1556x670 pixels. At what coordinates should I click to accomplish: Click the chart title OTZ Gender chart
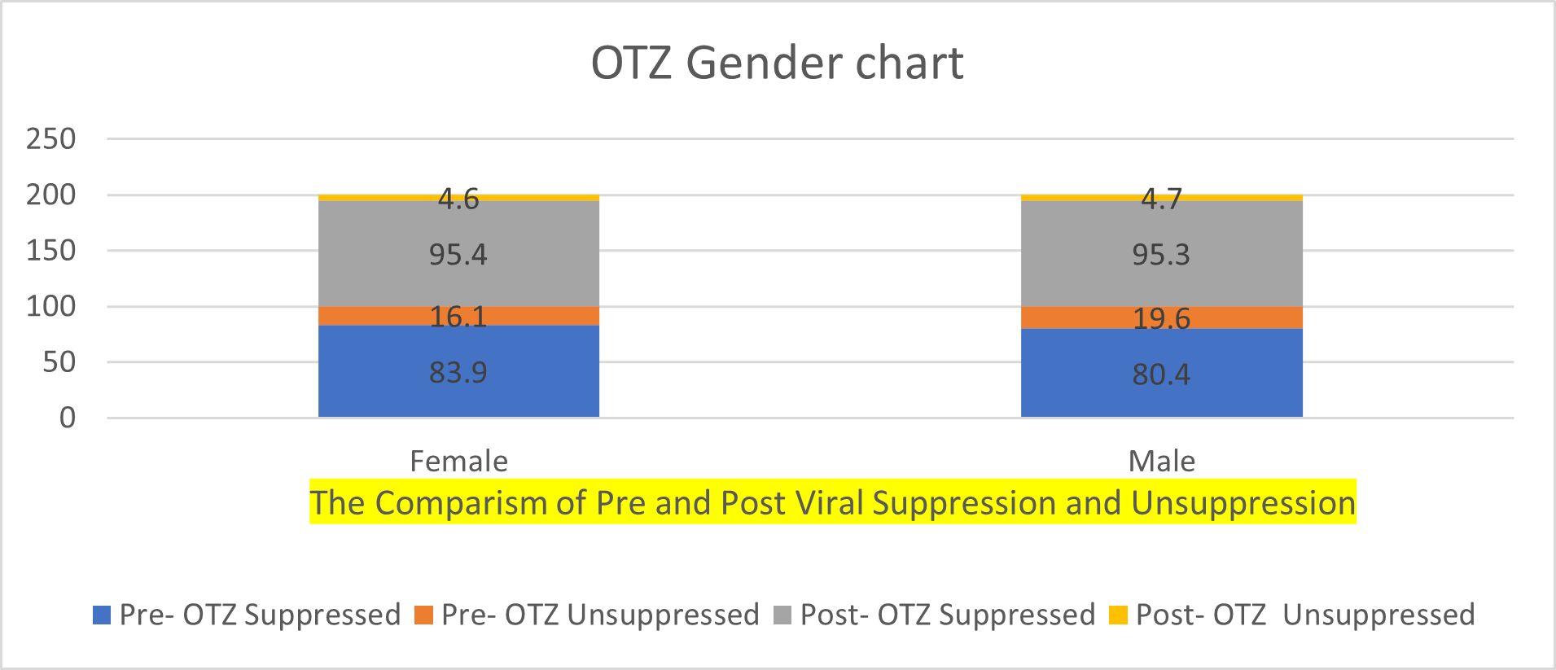pos(777,63)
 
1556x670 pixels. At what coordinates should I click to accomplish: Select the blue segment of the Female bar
pos(458,371)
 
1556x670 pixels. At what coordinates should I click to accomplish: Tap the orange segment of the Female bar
pos(458,316)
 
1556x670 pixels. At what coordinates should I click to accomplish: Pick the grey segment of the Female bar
pos(458,253)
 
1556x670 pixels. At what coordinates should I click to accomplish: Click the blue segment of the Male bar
pos(1162,373)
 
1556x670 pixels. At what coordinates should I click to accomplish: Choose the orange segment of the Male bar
pos(1162,317)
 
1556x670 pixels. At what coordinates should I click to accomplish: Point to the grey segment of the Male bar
pos(1162,253)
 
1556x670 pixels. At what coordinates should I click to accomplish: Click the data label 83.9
pos(458,372)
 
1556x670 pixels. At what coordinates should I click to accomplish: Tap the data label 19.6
pos(1162,318)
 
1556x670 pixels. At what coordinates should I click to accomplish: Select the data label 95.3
pos(1162,255)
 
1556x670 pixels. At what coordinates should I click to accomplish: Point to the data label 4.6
pos(458,199)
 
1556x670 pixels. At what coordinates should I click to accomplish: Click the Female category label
pos(458,462)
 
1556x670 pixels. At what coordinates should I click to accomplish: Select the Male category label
pos(1162,462)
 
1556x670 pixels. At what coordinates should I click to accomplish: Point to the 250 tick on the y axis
pos(50,139)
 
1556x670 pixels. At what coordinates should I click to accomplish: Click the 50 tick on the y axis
pos(59,362)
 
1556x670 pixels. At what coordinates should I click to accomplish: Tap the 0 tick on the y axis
pos(68,418)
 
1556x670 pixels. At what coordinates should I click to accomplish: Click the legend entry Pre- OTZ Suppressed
pos(247,615)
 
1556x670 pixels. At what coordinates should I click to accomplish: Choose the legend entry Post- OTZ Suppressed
pos(935,615)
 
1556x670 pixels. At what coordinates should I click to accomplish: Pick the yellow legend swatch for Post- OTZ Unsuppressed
pos(1119,615)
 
